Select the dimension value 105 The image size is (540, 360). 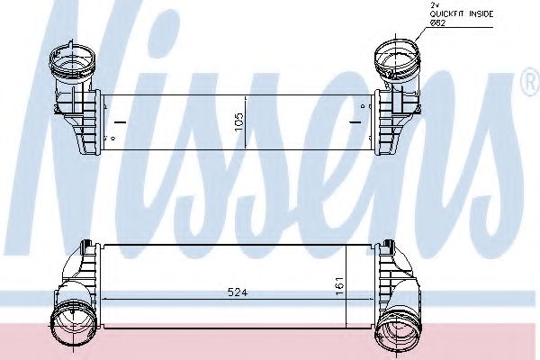point(238,122)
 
